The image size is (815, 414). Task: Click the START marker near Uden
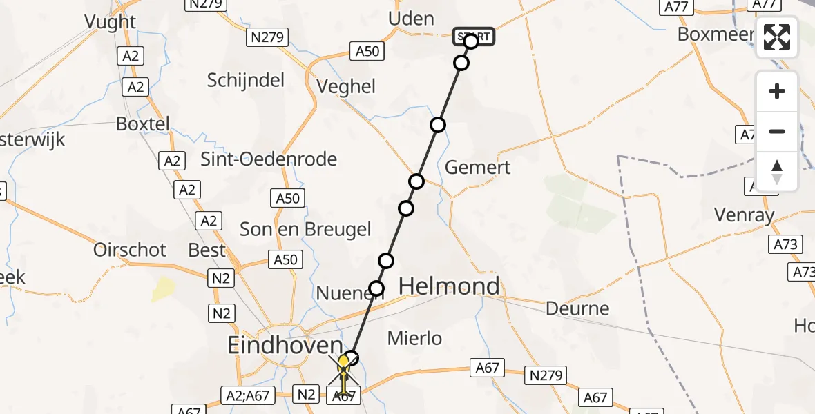[474, 36]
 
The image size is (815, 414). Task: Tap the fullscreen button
[777, 37]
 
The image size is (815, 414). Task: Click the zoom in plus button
[777, 91]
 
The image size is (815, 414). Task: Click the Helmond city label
[449, 286]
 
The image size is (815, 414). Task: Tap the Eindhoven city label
[286, 345]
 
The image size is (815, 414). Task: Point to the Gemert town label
[478, 167]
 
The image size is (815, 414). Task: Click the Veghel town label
[346, 86]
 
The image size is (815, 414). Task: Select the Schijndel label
[246, 80]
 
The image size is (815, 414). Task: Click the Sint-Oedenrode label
[269, 159]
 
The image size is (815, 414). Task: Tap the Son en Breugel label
[305, 229]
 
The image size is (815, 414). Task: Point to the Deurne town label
[577, 308]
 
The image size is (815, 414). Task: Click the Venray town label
[744, 215]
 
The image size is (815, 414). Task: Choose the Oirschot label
[130, 249]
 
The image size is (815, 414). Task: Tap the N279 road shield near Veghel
[267, 37]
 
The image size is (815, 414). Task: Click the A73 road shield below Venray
[785, 244]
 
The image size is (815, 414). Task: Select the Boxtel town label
[143, 125]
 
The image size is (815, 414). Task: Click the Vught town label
[110, 21]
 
